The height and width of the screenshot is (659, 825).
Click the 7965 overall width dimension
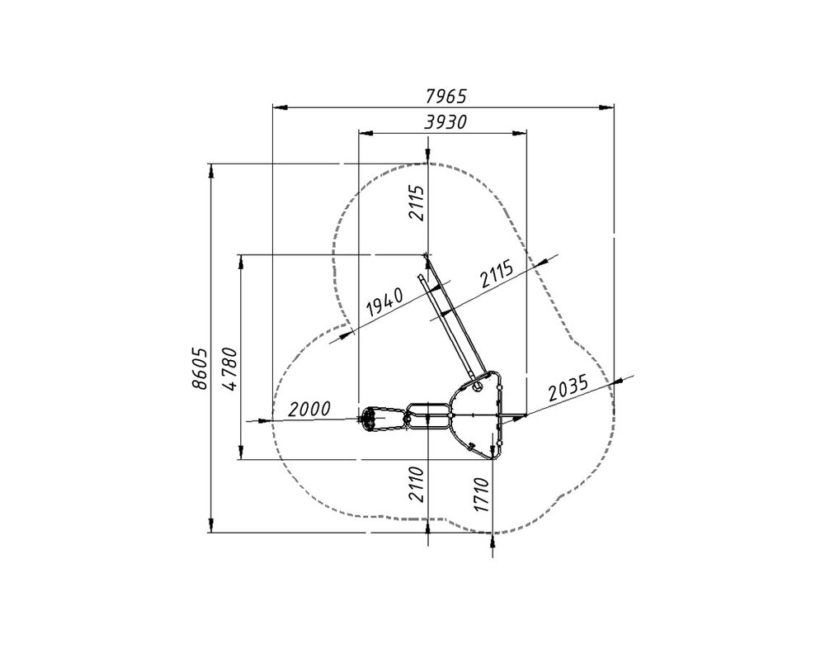pyautogui.click(x=445, y=97)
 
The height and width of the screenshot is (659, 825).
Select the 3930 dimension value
pyautogui.click(x=445, y=122)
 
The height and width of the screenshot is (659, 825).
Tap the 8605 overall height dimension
pyautogui.click(x=200, y=368)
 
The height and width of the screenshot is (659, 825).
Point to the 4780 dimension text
pyautogui.click(x=230, y=368)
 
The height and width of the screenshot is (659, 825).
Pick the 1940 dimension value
pyautogui.click(x=384, y=302)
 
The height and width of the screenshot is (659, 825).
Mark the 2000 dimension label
pyautogui.click(x=310, y=409)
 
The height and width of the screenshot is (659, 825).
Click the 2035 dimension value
pyautogui.click(x=568, y=389)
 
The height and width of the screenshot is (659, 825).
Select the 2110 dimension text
pyautogui.click(x=416, y=484)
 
